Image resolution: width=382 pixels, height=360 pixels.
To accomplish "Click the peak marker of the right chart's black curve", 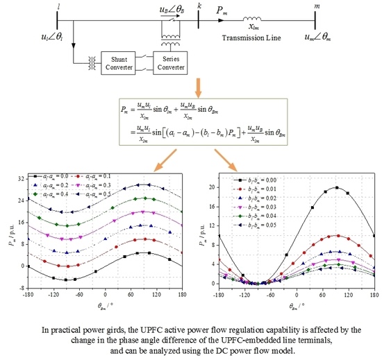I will pos(337,187).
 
